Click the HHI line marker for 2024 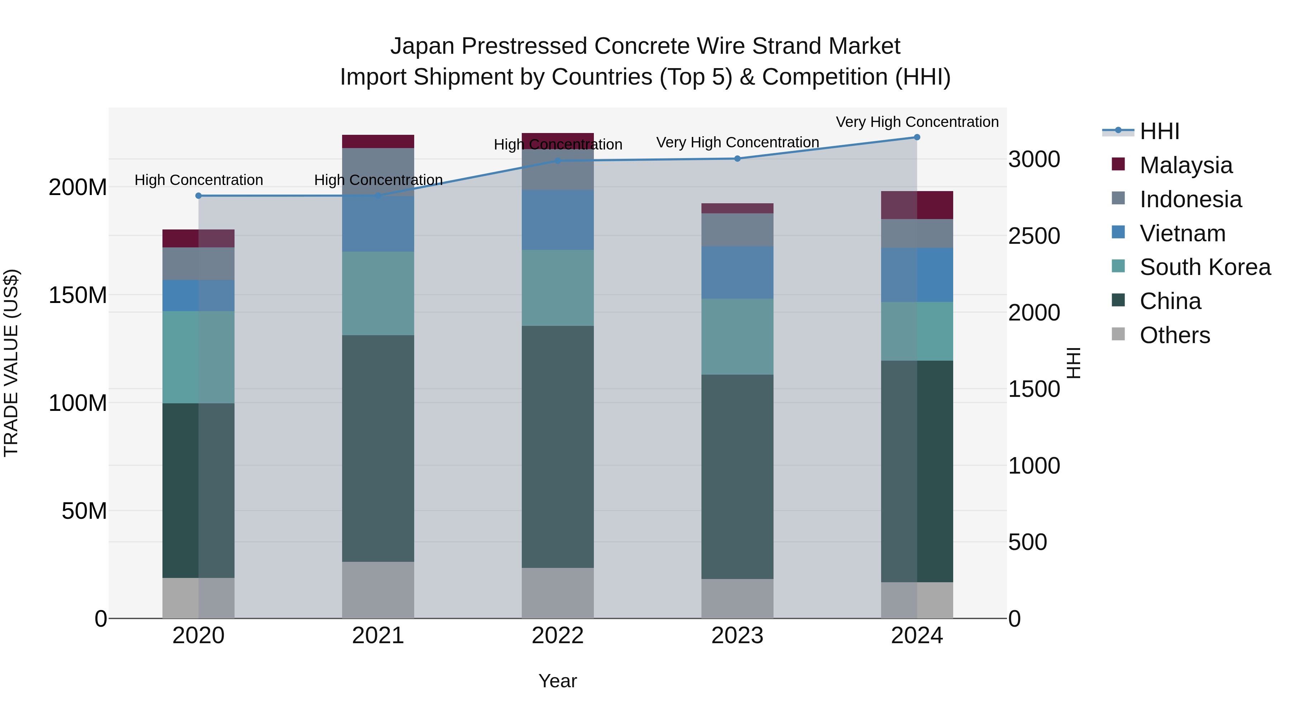pos(917,137)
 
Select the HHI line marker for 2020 pos(198,196)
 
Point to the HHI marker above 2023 pos(737,159)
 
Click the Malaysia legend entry pos(1186,165)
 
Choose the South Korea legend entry pos(1205,267)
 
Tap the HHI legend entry pos(1159,131)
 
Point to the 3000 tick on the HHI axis pos(1034,159)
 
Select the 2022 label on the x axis pos(557,636)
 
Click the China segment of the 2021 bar pos(378,449)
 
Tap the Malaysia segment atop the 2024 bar pos(917,205)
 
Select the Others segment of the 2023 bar pos(737,598)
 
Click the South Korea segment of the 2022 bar pos(557,288)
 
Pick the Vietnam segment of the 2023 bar pos(737,272)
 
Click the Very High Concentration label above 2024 pos(917,122)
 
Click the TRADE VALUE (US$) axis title pos(11,363)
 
